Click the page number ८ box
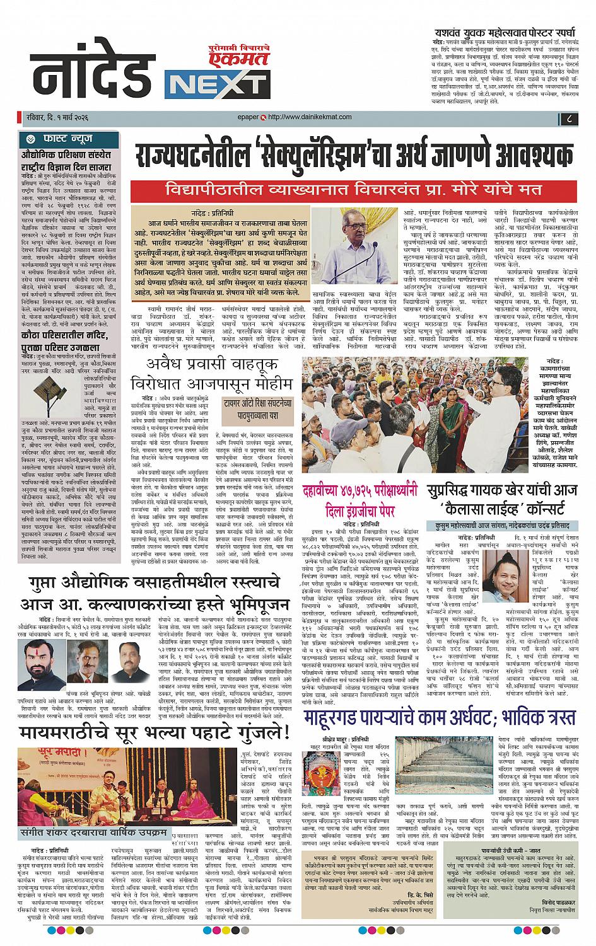point(568,117)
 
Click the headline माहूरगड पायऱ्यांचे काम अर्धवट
point(440,717)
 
